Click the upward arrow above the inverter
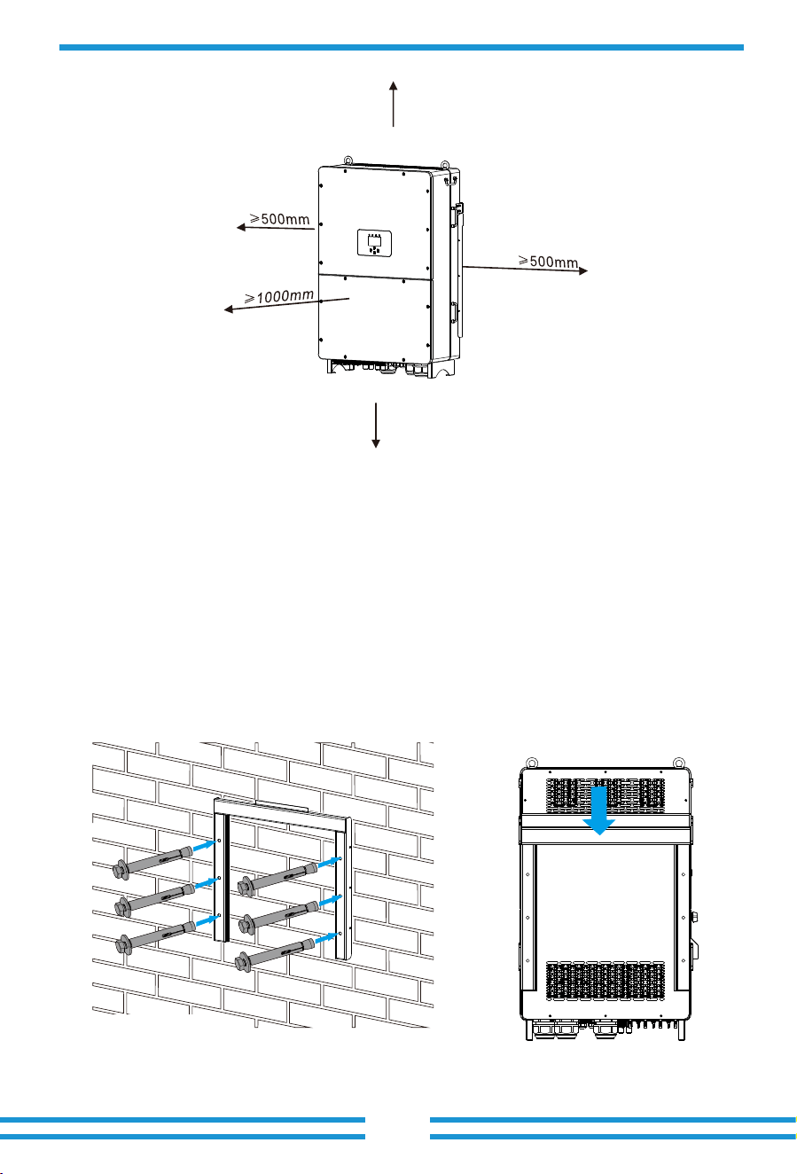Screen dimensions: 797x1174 tap(393, 104)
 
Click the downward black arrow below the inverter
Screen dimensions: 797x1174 tap(376, 425)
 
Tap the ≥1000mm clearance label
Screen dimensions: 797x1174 tap(279, 297)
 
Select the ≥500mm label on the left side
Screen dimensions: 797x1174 tap(279, 218)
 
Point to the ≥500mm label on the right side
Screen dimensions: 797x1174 tap(549, 261)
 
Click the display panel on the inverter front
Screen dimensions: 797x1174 tap(375, 243)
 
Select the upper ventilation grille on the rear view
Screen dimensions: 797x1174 tap(606, 795)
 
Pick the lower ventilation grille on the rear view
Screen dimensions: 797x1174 tap(606, 981)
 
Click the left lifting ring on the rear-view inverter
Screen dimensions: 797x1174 tap(532, 762)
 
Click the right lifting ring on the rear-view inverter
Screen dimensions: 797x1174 tap(678, 762)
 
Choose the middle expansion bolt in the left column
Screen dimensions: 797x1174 tap(155, 898)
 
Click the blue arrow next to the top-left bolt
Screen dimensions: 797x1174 tap(205, 845)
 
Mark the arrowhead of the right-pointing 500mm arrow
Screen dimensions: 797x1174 tap(583, 271)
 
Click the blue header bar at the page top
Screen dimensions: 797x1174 tap(402, 48)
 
